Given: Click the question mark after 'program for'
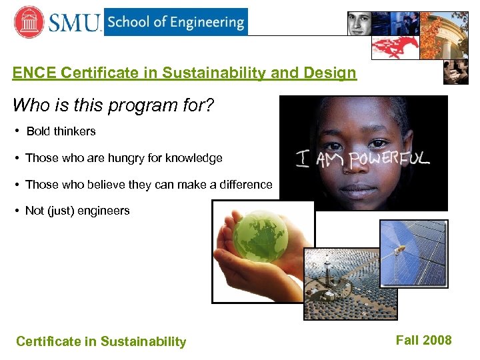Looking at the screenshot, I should [209, 105].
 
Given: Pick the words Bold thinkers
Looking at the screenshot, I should [61, 131].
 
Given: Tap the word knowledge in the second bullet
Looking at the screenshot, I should [194, 158].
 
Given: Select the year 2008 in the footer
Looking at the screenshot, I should [436, 341].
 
